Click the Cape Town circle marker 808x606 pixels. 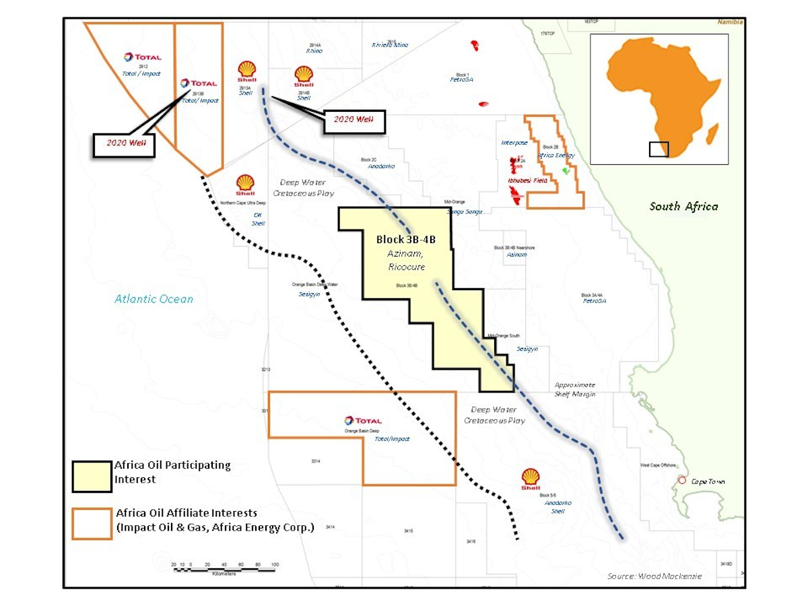click(682, 481)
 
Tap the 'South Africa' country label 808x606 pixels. click(683, 207)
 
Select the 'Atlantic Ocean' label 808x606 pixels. click(154, 299)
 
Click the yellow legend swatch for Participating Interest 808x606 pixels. click(92, 477)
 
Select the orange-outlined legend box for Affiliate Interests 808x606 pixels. click(92, 523)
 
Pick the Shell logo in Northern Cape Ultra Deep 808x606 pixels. click(245, 183)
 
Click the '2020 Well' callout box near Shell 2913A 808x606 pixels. click(353, 121)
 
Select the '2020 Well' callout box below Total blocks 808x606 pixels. click(124, 144)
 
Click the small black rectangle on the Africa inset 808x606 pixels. click(659, 149)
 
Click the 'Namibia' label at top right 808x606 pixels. click(730, 22)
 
